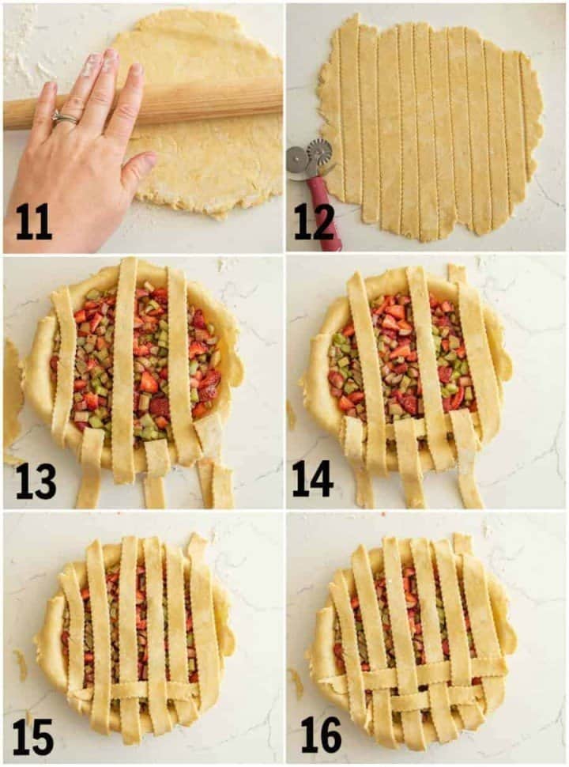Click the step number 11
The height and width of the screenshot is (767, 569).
click(34, 222)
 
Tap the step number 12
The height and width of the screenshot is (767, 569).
click(314, 222)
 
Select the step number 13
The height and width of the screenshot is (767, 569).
click(36, 481)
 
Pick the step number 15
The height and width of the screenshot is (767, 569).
click(33, 737)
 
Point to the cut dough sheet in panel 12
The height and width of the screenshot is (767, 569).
click(431, 127)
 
